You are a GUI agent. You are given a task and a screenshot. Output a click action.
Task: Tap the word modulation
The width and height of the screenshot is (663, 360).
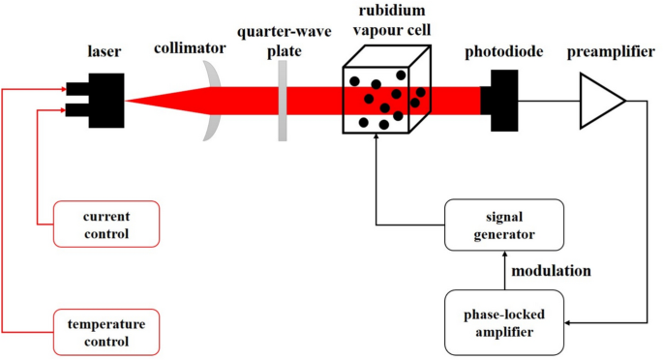pos(550,271)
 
